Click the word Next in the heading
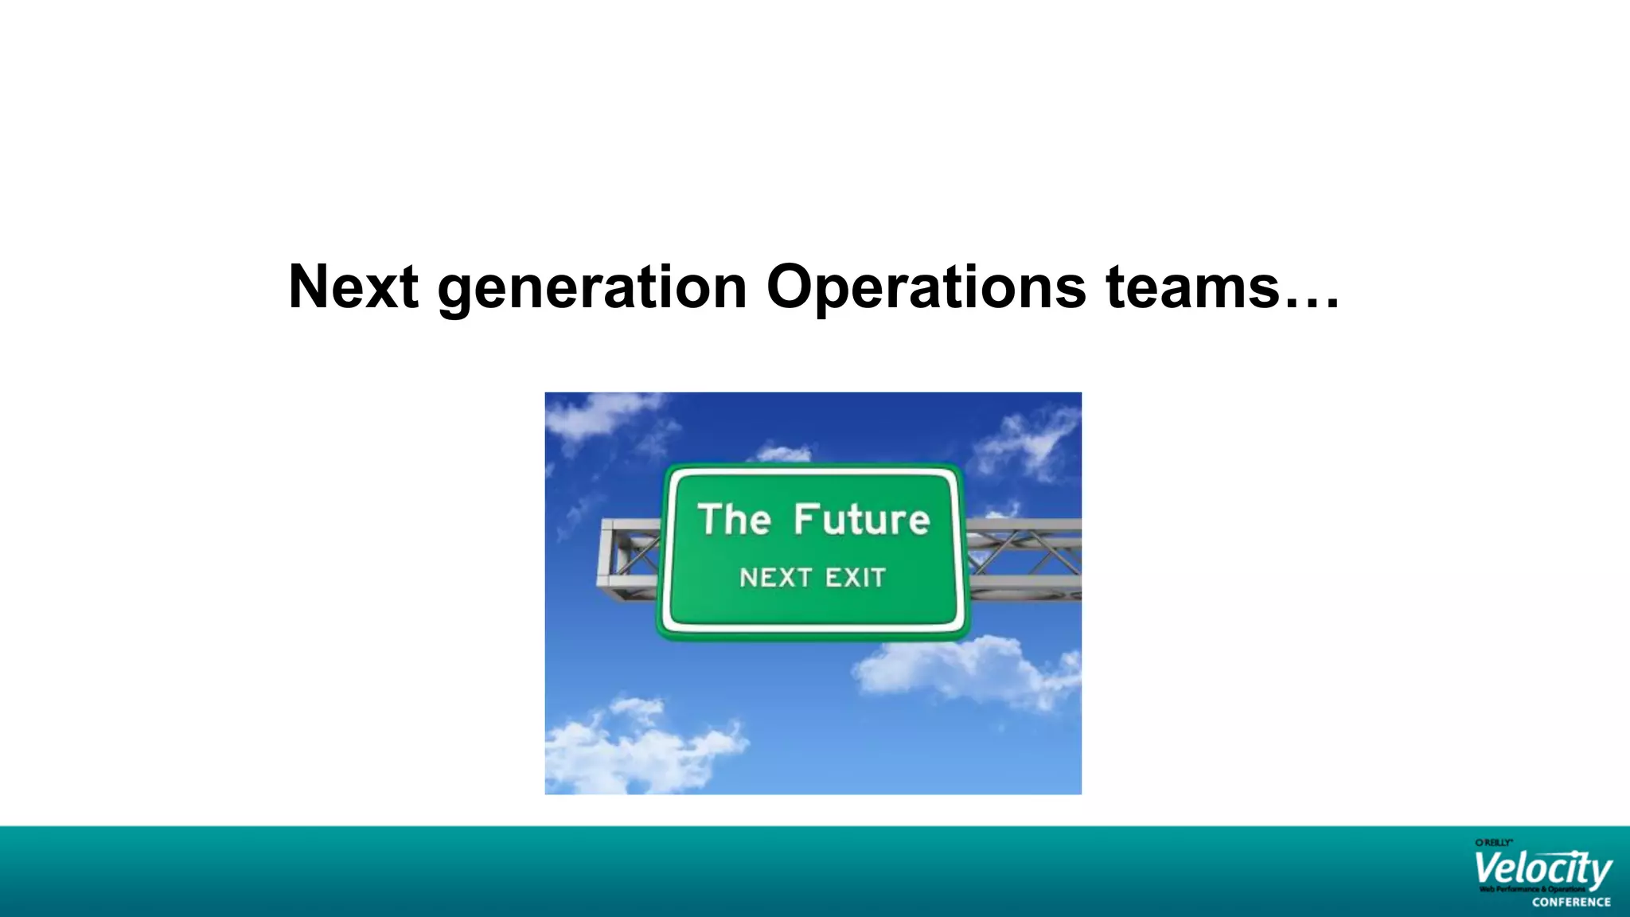pos(353,287)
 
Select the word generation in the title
pos(591,288)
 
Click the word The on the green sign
pos(734,519)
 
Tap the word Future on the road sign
pos(861,519)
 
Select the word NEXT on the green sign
pos(775,577)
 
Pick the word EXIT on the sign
pos(855,577)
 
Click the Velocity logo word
pos(1542,869)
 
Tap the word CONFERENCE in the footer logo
pos(1571,902)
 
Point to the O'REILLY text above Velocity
pos(1493,842)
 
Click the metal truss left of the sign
pos(629,557)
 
